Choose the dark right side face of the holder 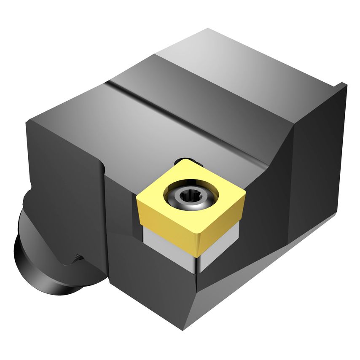(x=316, y=169)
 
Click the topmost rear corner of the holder (x=209, y=30)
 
